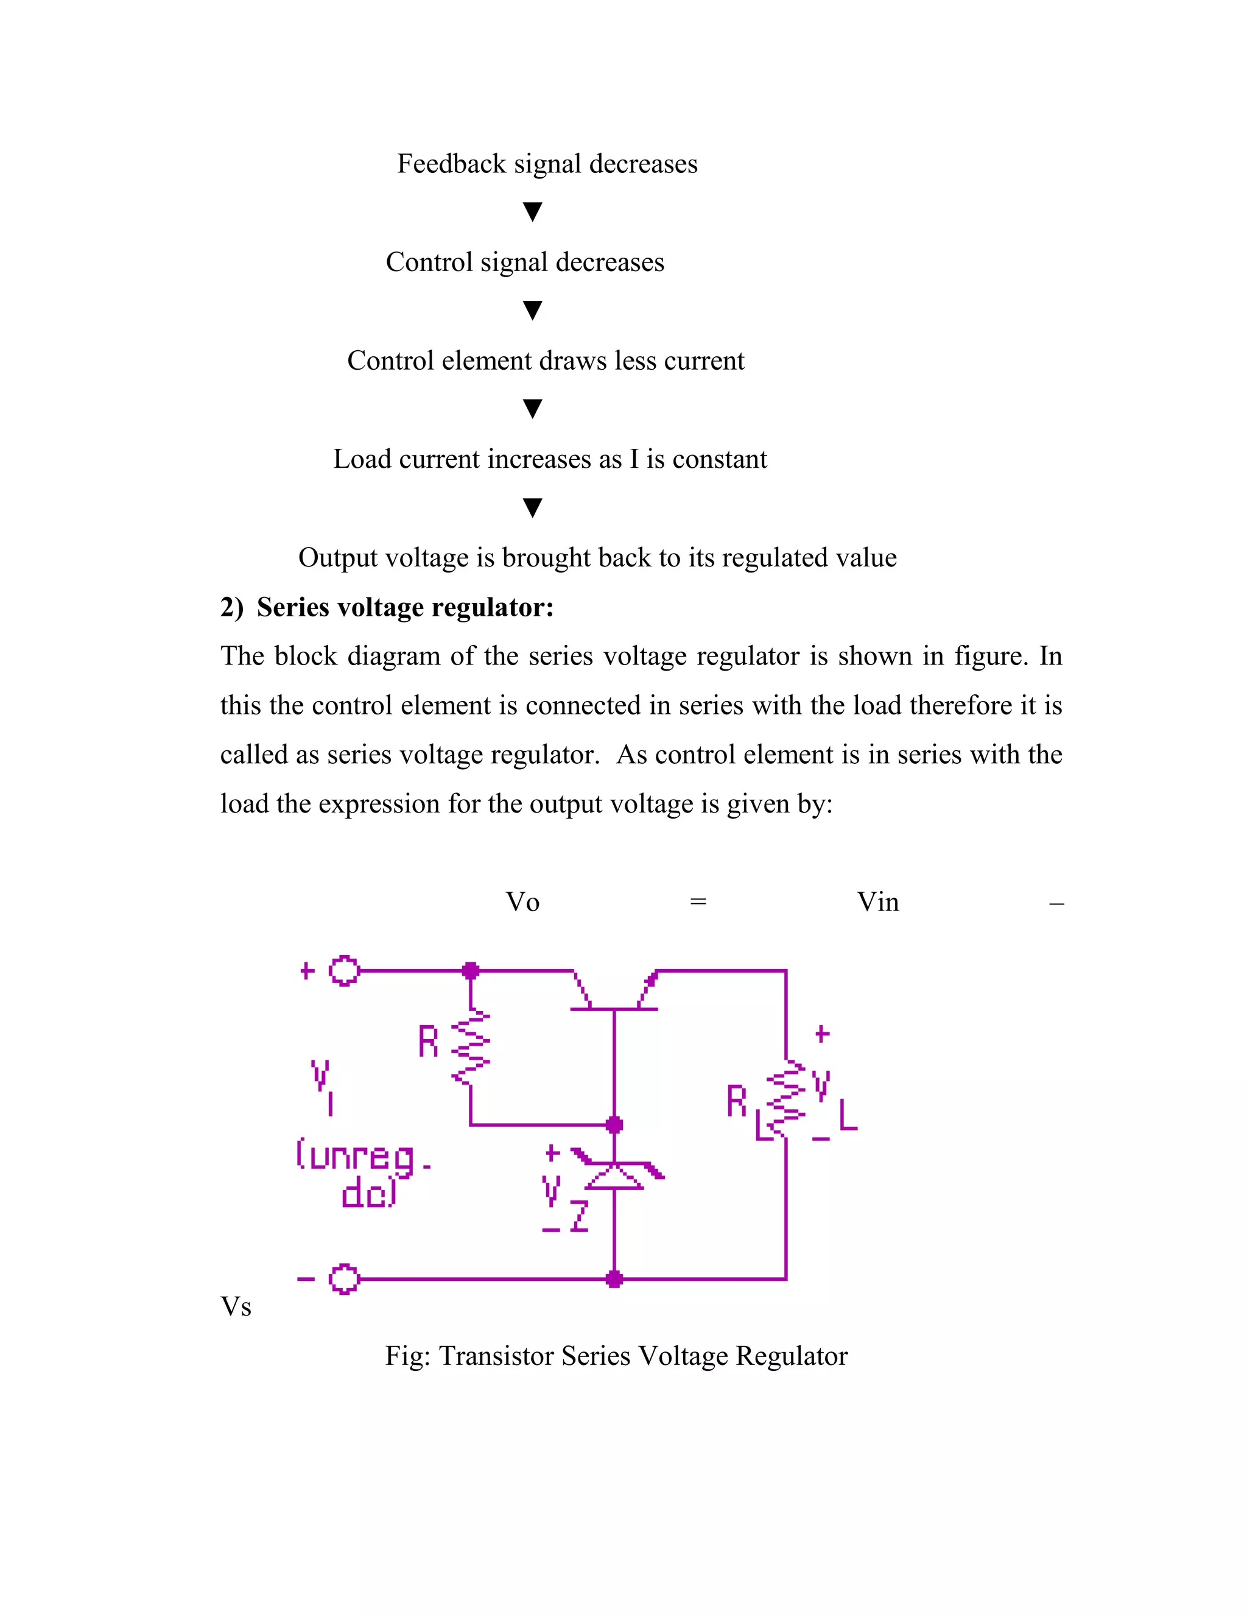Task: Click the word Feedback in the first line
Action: point(451,163)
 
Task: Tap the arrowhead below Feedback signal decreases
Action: point(533,212)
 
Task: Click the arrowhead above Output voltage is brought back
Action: point(533,508)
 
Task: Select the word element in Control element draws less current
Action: point(487,361)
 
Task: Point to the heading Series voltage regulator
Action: point(405,607)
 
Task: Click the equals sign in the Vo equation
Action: point(698,901)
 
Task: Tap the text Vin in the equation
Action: point(877,901)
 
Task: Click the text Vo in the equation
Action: point(522,901)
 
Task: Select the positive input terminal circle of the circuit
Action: point(343,970)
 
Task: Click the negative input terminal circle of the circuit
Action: point(343,1278)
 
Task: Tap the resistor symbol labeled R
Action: point(471,1048)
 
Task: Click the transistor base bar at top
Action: point(614,1009)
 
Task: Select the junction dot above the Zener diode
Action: point(614,1125)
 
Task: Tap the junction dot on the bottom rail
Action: point(614,1278)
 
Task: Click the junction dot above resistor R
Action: point(471,970)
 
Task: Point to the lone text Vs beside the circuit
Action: point(236,1306)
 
